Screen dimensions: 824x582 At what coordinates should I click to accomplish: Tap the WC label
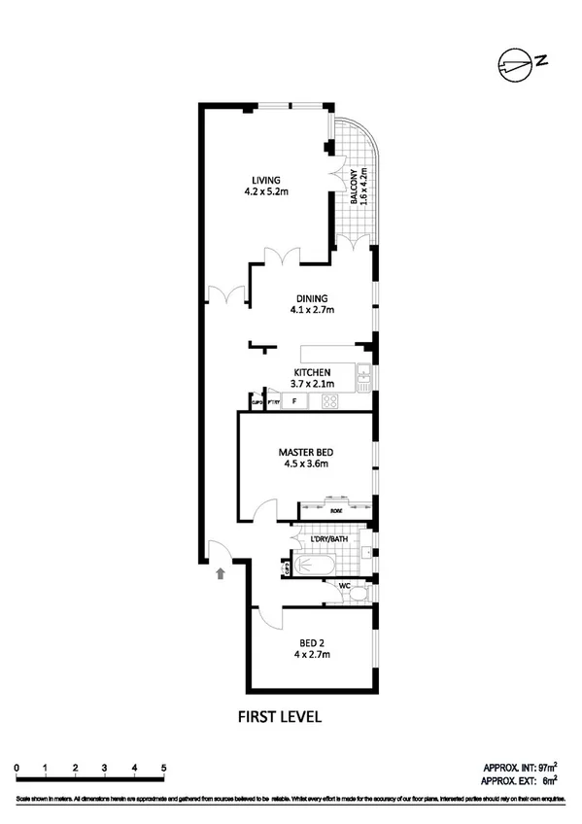pyautogui.click(x=345, y=585)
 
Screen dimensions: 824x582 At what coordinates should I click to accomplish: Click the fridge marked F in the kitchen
pyautogui.click(x=294, y=400)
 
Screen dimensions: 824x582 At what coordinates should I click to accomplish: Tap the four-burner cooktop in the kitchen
pyautogui.click(x=329, y=400)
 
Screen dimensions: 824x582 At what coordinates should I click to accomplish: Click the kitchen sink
pyautogui.click(x=362, y=375)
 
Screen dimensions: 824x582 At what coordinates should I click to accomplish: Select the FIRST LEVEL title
pyautogui.click(x=280, y=718)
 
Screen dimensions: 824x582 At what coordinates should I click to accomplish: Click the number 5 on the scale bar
pyautogui.click(x=163, y=768)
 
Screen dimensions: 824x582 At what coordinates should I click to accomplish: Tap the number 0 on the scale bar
pyautogui.click(x=17, y=768)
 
